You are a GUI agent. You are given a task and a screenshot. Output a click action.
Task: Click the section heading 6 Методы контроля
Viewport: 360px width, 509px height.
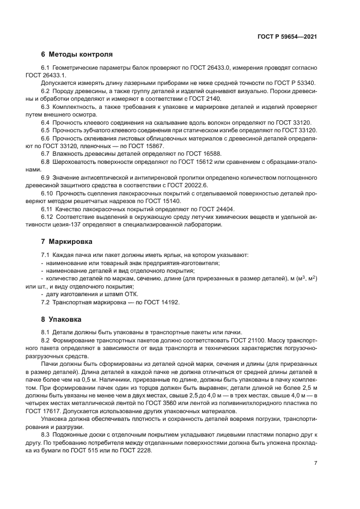click(x=77, y=54)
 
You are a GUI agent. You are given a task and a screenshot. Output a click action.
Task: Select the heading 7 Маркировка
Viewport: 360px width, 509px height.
click(x=66, y=241)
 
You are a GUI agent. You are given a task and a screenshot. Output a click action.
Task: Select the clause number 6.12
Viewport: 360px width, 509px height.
click(x=48, y=217)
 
